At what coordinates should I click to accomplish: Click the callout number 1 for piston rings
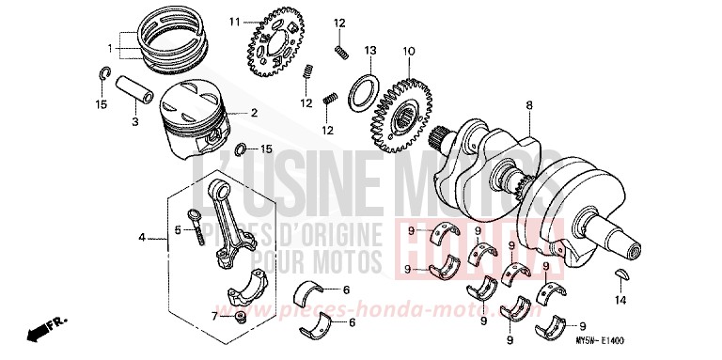111,46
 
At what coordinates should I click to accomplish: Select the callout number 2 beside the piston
253,113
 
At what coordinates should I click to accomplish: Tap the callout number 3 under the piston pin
134,122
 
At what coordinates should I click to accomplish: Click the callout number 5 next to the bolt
176,229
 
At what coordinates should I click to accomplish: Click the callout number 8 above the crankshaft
529,105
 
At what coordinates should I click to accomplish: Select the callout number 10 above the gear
408,50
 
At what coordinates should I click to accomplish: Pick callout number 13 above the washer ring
370,50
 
